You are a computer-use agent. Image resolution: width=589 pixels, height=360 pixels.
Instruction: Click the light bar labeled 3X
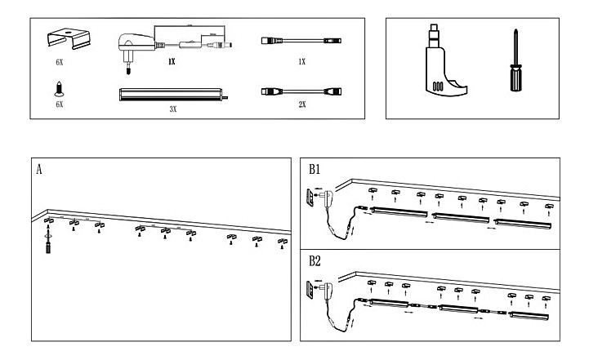click(x=170, y=95)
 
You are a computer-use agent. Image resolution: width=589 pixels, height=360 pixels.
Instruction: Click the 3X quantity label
click(x=172, y=108)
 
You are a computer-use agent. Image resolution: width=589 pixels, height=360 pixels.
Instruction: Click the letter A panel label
click(x=38, y=170)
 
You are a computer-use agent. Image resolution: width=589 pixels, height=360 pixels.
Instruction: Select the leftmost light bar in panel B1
click(x=398, y=212)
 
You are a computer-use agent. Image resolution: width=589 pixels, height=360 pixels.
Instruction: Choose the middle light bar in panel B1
click(x=461, y=216)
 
